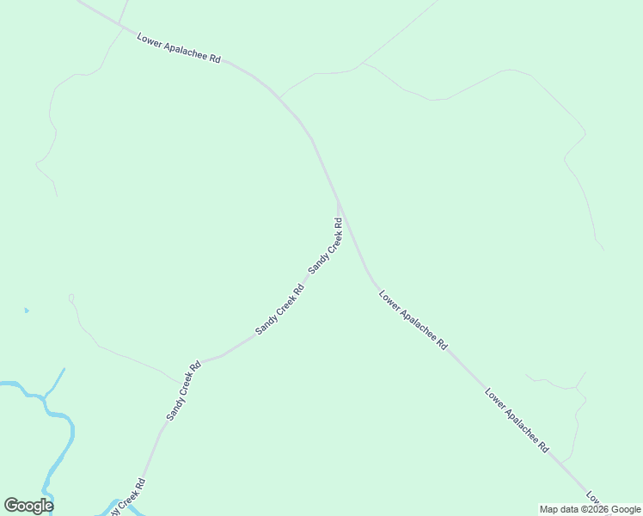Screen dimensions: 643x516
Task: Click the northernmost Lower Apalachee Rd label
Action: (178, 47)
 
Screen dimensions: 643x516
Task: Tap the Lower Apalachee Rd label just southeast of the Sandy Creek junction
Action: (413, 319)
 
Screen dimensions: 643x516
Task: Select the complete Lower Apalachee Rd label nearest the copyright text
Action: (517, 421)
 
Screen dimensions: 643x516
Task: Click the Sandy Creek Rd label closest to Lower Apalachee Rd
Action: (326, 246)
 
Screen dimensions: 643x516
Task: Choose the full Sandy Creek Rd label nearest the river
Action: (183, 390)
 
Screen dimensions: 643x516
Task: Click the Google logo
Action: (28, 506)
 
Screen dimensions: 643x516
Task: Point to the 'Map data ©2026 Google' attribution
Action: (590, 509)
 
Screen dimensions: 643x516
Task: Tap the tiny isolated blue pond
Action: (27, 310)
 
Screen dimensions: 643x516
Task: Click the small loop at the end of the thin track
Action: (71, 298)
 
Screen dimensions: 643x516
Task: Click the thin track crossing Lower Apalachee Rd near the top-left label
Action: (119, 24)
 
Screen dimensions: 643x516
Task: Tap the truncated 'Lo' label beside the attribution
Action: (593, 498)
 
